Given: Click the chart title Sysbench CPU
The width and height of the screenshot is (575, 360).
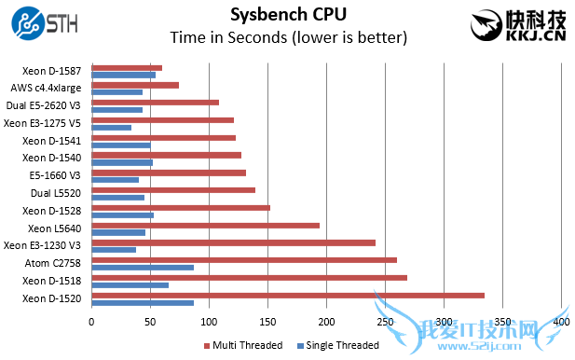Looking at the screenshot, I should click(287, 15).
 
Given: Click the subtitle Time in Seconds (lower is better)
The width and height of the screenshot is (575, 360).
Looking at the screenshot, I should click(287, 38).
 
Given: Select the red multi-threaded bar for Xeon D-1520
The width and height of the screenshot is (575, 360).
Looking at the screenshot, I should click(288, 295).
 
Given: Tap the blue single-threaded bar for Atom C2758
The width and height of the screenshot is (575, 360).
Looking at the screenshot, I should click(143, 268).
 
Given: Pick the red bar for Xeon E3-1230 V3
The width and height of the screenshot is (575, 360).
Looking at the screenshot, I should click(233, 242).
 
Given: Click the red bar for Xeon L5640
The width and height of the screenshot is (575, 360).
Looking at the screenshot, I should click(205, 225).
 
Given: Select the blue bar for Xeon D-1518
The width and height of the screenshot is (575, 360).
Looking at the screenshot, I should click(130, 284).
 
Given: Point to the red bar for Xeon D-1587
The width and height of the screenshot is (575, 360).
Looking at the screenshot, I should click(127, 67).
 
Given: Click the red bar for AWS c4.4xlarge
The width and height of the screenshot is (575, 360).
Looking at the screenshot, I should click(135, 85).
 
